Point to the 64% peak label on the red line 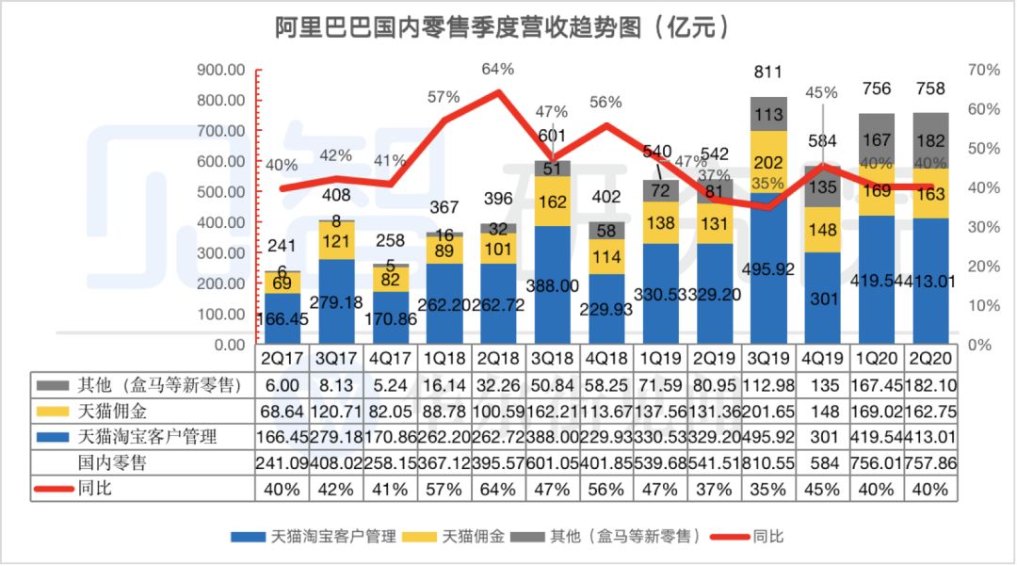coord(497,69)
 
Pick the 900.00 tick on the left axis coord(222,71)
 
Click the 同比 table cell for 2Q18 coord(497,489)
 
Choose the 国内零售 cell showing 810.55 coord(769,462)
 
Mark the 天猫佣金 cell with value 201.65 coord(769,411)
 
